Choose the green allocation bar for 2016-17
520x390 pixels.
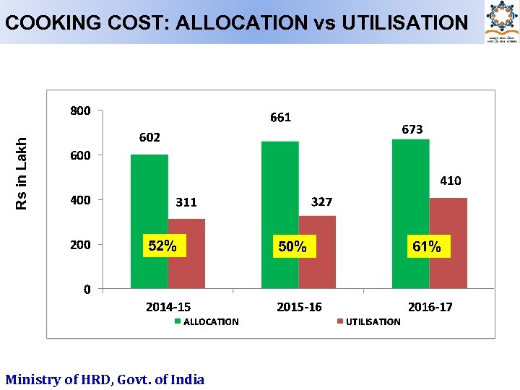coord(410,214)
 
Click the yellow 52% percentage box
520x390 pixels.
coord(162,246)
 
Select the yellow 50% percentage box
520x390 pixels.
coord(292,247)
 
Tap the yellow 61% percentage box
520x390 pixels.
coord(426,247)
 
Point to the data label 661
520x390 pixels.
coord(280,117)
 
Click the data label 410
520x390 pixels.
coord(450,181)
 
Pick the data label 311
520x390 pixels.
coord(186,202)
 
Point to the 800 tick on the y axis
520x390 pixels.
coord(80,110)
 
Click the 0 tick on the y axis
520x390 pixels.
coord(87,290)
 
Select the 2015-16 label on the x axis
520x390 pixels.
coord(299,307)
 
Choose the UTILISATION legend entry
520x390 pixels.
coord(369,322)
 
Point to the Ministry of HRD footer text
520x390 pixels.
coord(105,379)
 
